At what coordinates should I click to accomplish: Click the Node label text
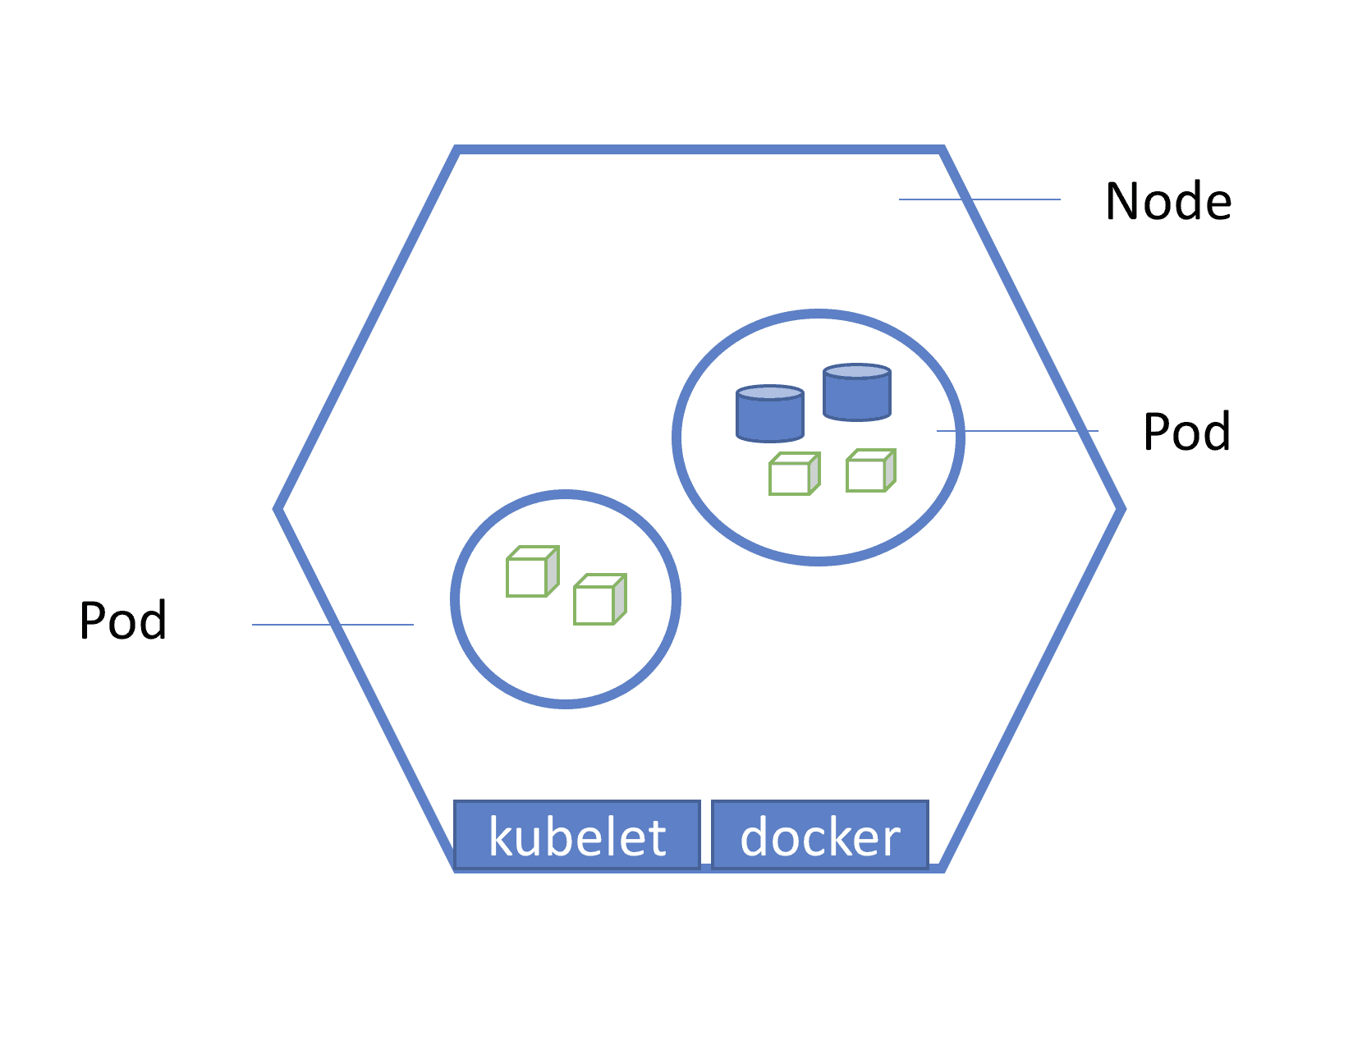[x=1167, y=201]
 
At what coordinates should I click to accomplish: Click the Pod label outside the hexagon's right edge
[x=1186, y=432]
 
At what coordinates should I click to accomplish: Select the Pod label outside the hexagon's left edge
[x=123, y=621]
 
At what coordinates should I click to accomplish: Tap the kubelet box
[x=577, y=835]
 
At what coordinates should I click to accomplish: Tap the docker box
[x=819, y=835]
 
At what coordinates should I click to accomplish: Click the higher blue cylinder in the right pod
[x=856, y=392]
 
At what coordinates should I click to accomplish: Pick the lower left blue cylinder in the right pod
[x=769, y=414]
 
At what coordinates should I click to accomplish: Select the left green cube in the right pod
[x=793, y=474]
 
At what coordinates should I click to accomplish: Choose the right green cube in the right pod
[x=869, y=471]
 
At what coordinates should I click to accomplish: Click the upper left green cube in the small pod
[x=531, y=572]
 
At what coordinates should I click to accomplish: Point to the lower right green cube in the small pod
[x=599, y=600]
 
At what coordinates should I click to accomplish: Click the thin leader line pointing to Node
[x=979, y=199]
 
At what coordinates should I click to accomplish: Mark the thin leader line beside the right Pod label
[x=1016, y=431]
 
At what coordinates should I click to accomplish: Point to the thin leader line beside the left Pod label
[x=333, y=625]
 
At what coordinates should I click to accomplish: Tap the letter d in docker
[x=755, y=837]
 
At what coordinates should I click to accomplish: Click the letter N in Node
[x=1124, y=201]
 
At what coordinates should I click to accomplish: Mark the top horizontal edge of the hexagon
[x=698, y=150]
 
